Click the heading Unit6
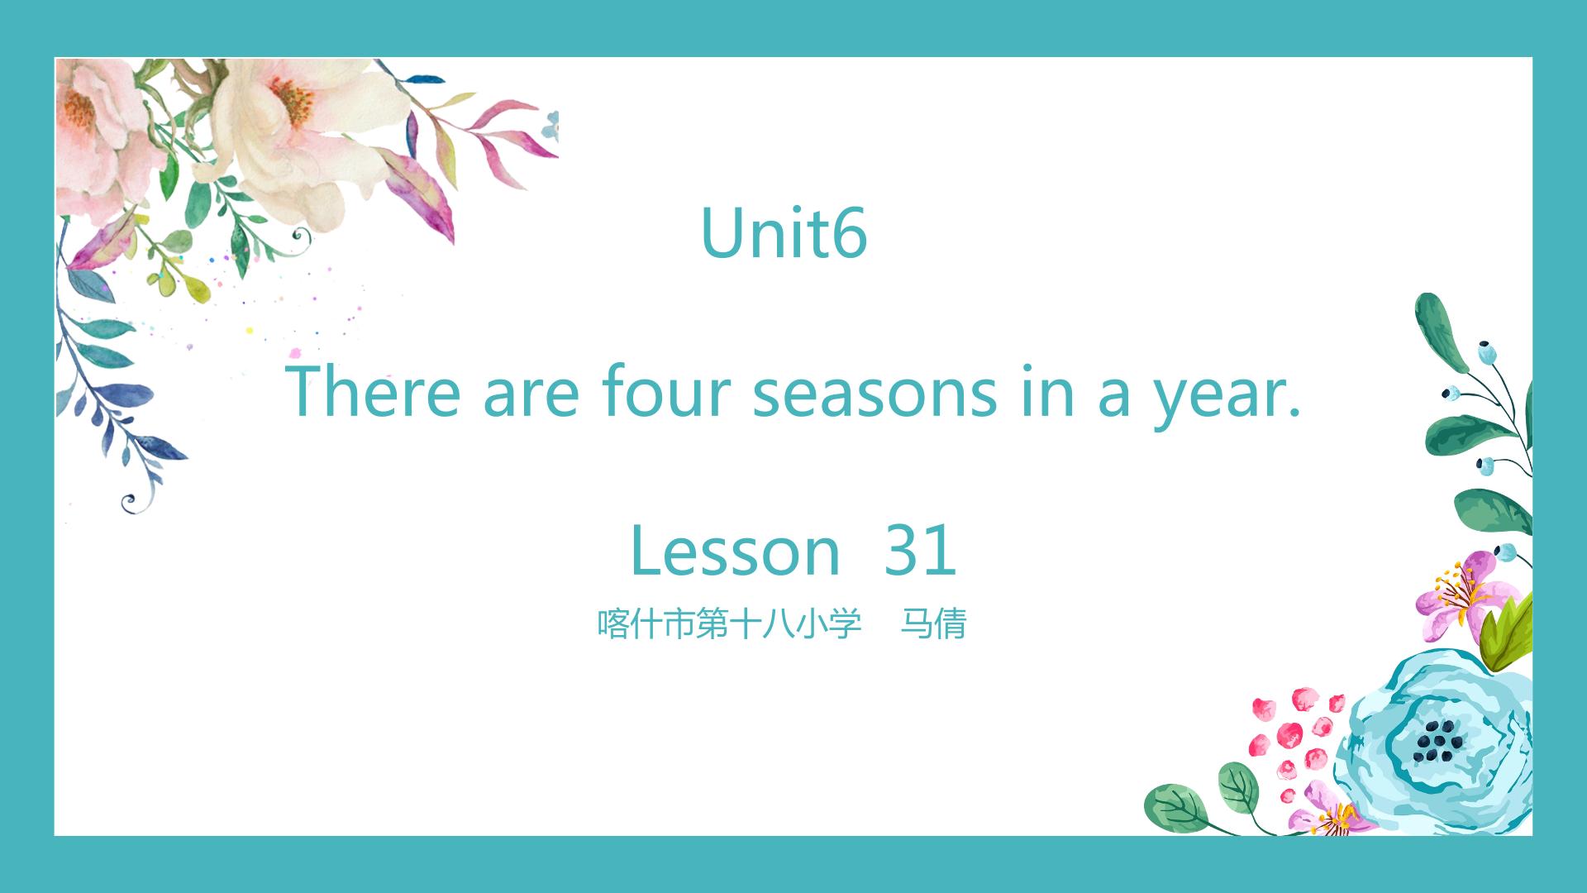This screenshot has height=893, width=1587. pyautogui.click(x=784, y=232)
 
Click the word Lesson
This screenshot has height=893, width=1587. pyautogui.click(x=735, y=550)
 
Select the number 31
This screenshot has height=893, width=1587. pyautogui.click(x=921, y=550)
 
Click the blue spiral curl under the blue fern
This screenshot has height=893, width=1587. pyautogui.click(x=130, y=502)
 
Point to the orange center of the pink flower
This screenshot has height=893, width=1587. pyautogui.click(x=79, y=111)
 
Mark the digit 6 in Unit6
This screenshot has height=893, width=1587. pyautogui.click(x=847, y=232)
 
